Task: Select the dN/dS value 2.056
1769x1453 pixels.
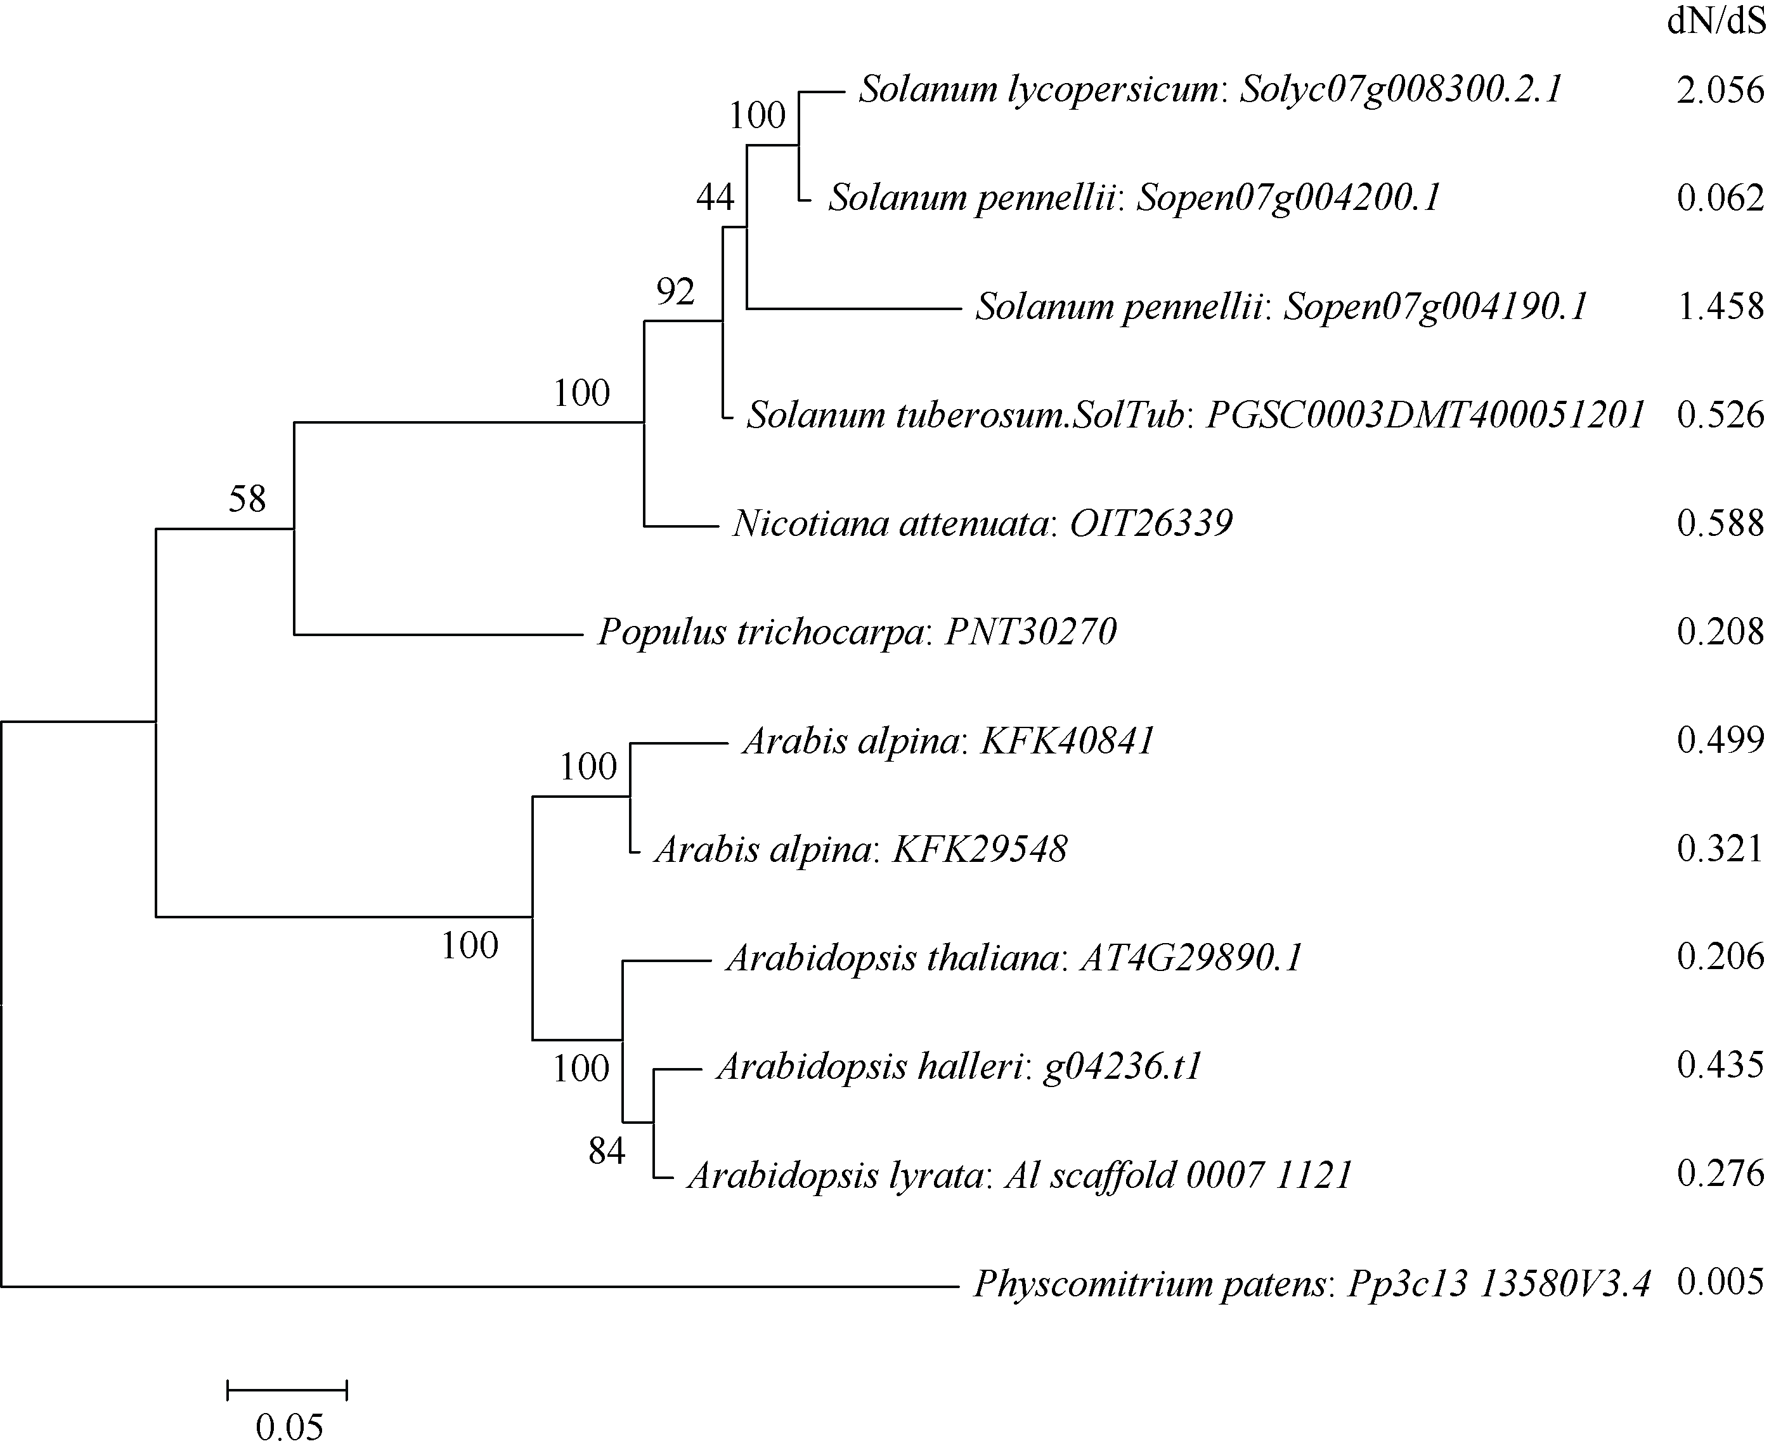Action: (1720, 89)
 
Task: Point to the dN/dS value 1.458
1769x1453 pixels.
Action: (1720, 306)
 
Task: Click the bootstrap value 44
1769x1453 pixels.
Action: (715, 197)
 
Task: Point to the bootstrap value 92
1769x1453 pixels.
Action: (675, 291)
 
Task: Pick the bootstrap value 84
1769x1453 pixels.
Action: (607, 1152)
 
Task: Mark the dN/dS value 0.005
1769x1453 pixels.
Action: (1720, 1282)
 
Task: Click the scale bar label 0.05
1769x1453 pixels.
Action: (288, 1427)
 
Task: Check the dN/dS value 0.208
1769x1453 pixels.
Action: (1720, 631)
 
